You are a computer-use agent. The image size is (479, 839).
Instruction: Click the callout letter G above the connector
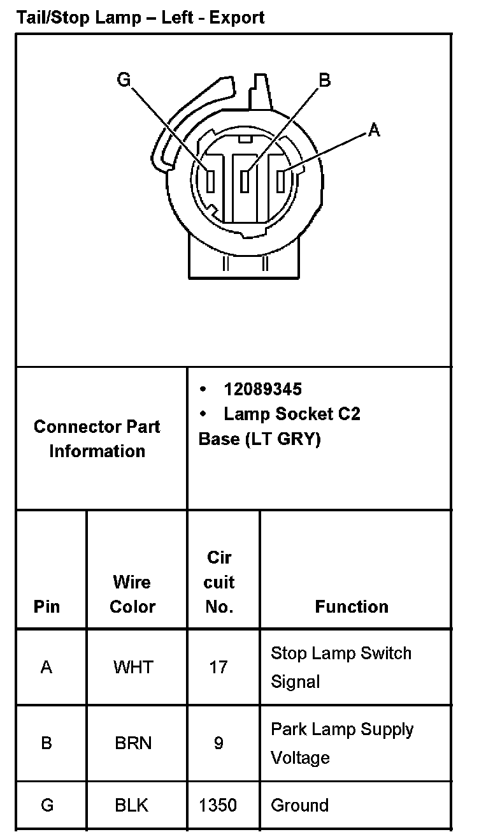[x=124, y=80]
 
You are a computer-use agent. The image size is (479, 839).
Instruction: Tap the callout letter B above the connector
[x=324, y=80]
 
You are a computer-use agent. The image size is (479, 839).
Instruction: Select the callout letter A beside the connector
[x=374, y=130]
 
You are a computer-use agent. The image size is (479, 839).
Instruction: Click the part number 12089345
[x=262, y=389]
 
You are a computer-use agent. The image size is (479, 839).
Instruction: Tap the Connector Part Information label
[x=97, y=439]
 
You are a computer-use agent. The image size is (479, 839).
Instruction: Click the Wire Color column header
[x=132, y=594]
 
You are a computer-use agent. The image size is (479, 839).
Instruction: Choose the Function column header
[x=352, y=606]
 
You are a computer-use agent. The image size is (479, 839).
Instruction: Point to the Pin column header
[x=47, y=606]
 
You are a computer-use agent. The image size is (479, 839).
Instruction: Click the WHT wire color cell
[x=133, y=667]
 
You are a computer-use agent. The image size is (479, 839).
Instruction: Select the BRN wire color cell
[x=133, y=743]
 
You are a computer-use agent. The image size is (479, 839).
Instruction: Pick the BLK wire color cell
[x=132, y=805]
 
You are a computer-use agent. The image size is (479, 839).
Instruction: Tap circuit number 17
[x=218, y=667]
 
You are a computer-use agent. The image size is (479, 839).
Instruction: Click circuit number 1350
[x=218, y=805]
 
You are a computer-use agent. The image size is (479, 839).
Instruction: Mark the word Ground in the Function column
[x=300, y=805]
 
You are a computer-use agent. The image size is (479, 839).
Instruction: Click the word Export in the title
[x=237, y=17]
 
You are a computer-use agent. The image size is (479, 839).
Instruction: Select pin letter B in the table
[x=46, y=743]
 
